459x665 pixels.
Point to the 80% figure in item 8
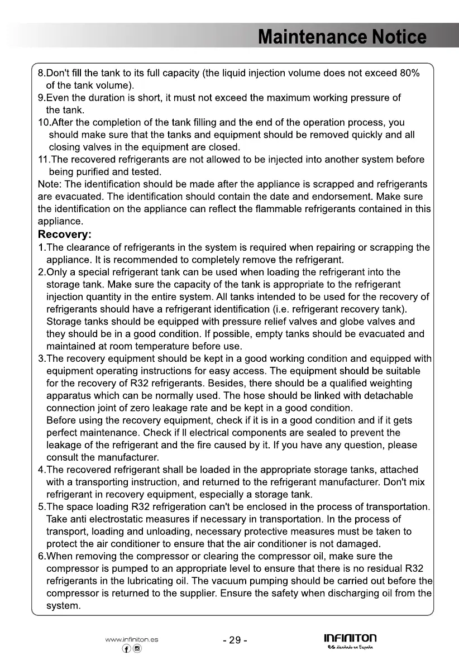(410, 73)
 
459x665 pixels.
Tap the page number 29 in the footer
(235, 640)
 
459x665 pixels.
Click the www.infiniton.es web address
(131, 639)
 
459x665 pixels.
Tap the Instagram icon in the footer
(137, 649)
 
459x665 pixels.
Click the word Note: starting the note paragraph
(49, 184)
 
